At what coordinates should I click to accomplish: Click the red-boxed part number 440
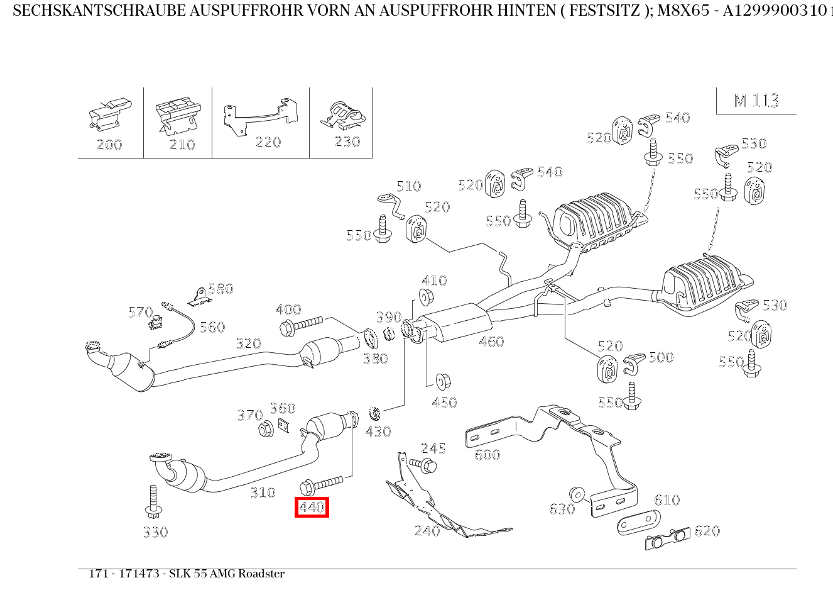point(312,507)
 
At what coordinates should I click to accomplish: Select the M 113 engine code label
point(756,101)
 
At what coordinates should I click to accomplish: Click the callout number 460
point(491,342)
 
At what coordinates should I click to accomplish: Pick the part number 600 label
point(487,454)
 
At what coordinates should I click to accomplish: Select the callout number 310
point(263,493)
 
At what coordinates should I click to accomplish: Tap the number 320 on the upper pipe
point(248,343)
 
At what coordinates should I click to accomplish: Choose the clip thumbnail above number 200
point(110,114)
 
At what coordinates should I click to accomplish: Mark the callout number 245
point(433,448)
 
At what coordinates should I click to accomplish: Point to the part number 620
point(707,531)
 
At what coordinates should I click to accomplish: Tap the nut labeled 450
point(444,381)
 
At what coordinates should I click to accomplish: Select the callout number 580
point(220,289)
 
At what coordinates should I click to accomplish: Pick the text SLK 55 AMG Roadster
point(226,574)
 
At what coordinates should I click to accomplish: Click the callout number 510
point(408,186)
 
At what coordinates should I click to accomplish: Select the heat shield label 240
point(427,531)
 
